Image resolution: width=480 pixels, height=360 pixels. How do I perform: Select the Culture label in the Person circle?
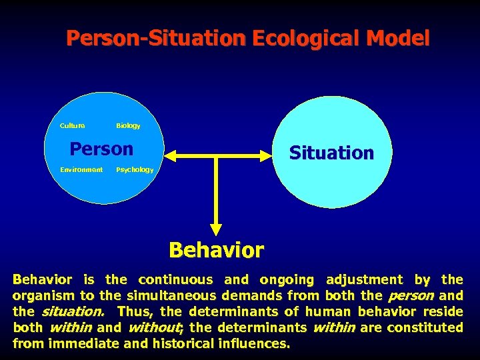coord(72,125)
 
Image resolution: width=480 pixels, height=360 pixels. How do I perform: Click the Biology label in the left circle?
coord(128,125)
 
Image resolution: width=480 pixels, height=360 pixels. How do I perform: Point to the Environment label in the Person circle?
coord(81,169)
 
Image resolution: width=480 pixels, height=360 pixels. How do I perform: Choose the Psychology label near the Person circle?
coord(135,169)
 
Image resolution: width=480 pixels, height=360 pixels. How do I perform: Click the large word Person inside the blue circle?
coord(101,148)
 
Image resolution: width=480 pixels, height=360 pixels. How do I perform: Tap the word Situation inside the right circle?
coord(331,153)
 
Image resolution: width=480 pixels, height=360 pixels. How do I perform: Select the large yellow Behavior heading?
coord(216,250)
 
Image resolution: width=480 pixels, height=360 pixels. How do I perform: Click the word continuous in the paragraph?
coord(177,280)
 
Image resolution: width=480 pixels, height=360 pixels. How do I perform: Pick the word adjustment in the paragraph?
coord(364,280)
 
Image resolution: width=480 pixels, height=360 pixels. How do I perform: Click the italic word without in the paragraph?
coord(153,328)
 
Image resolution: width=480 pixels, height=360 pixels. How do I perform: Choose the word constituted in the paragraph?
coord(425,328)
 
